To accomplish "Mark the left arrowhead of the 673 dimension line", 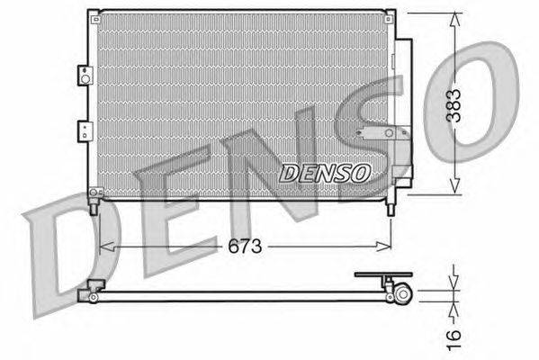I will point(102,246).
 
